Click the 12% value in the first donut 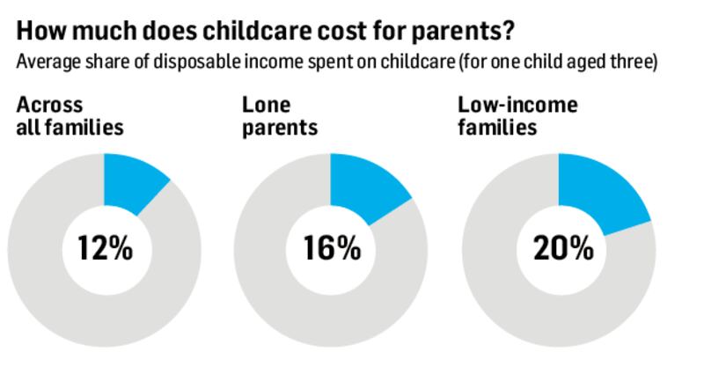pyautogui.click(x=104, y=249)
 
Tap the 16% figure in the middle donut pyautogui.click(x=331, y=249)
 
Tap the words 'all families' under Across pyautogui.click(x=70, y=128)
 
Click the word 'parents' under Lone pyautogui.click(x=280, y=128)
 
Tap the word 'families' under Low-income pyautogui.click(x=498, y=128)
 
